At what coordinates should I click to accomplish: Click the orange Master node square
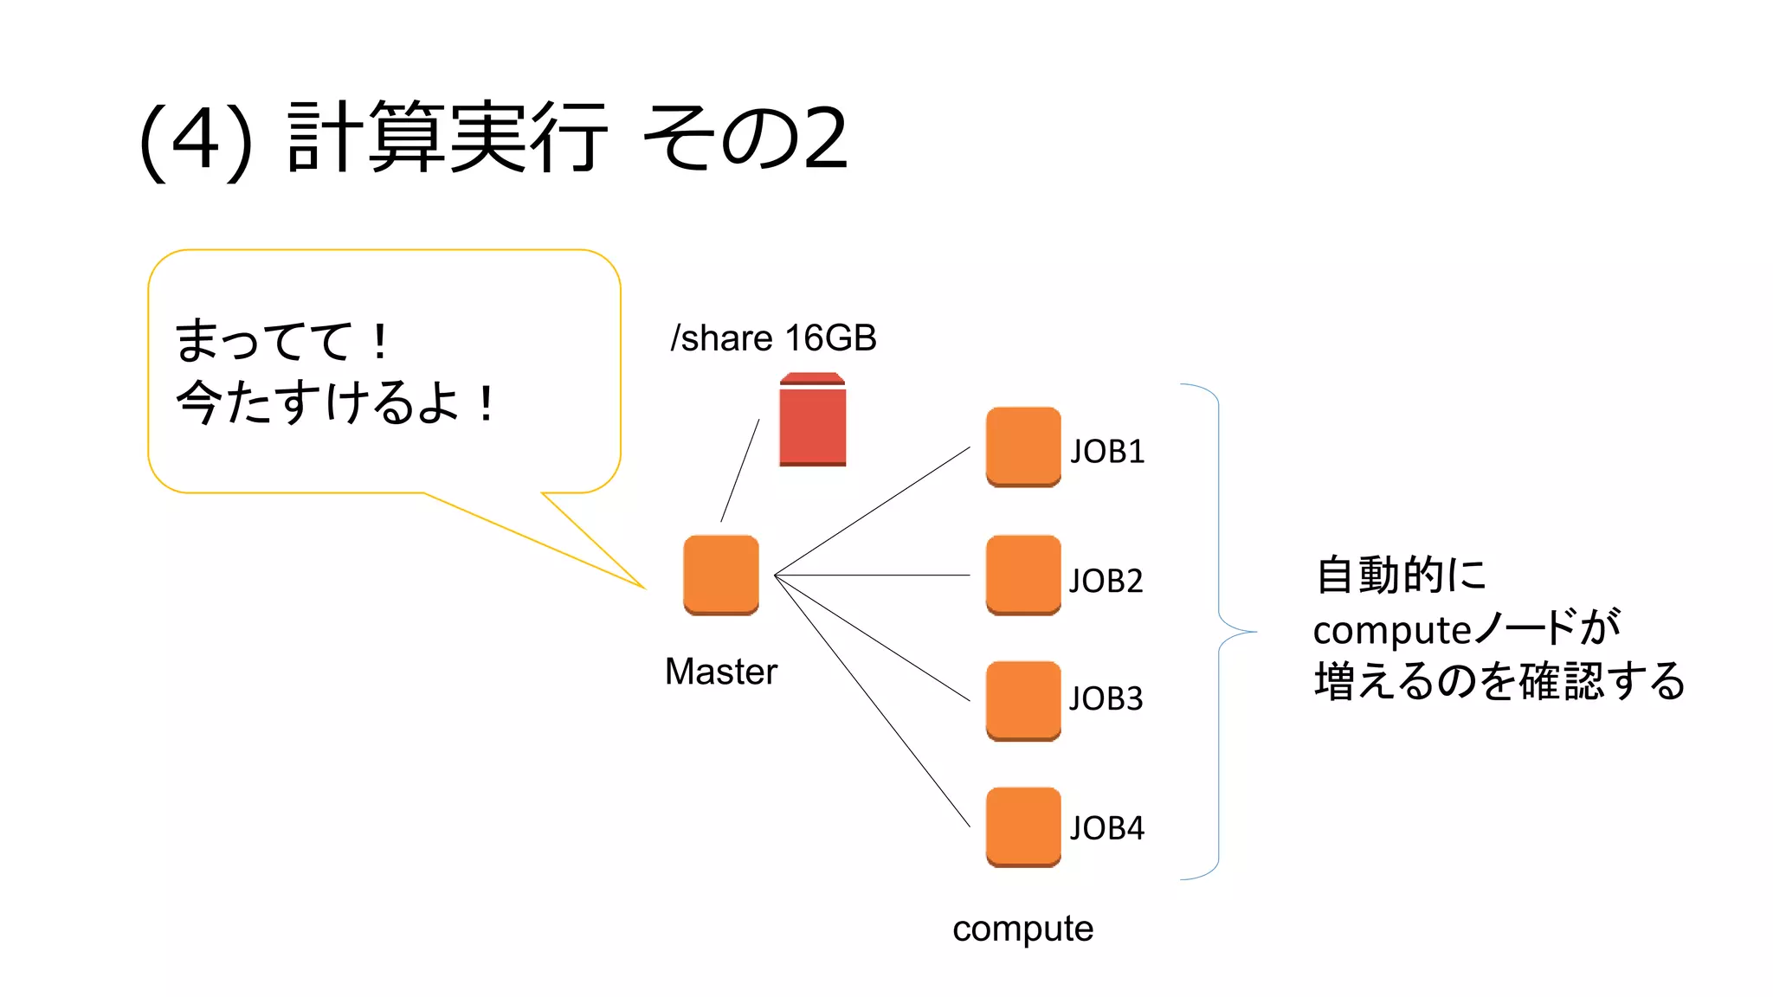(720, 575)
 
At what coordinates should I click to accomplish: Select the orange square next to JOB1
(1022, 447)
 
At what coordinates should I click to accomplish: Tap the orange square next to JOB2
(1022, 575)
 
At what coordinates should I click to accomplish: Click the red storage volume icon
(812, 421)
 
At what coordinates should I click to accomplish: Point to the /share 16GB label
(773, 338)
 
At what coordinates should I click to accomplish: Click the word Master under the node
(720, 672)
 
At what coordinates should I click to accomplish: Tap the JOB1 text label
(1107, 452)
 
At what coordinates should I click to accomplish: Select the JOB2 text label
(1106, 581)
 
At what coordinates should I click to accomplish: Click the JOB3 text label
(1106, 698)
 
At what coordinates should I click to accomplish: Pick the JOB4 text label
(1107, 828)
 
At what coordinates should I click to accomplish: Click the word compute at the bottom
(1022, 929)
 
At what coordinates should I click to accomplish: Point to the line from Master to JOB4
(873, 702)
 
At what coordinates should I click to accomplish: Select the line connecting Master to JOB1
(873, 511)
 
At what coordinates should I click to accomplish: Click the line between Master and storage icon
(740, 470)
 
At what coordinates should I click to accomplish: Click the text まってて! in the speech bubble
(282, 341)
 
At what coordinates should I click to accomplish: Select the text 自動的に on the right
(1400, 576)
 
